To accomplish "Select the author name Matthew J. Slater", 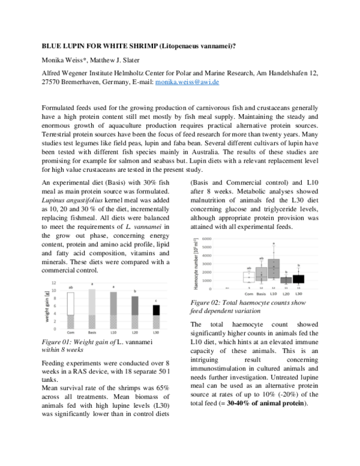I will [x=114, y=60].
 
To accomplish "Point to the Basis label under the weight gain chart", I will [x=91, y=332].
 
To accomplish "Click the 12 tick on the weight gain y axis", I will [x=55, y=282].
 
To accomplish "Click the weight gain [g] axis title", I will [x=46, y=305].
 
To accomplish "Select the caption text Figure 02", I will [x=207, y=303].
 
